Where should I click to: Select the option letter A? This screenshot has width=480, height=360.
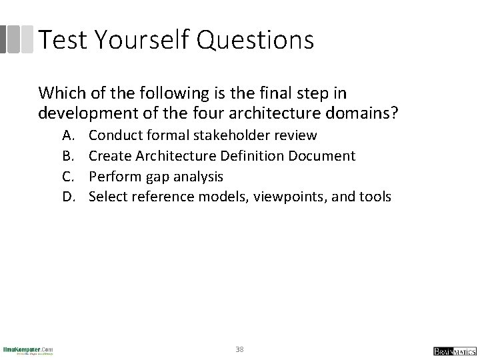[x=69, y=135]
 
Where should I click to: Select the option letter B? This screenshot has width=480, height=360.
[x=69, y=156]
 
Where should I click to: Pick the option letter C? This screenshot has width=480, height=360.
[x=69, y=177]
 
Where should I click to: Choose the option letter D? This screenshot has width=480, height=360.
[x=69, y=197]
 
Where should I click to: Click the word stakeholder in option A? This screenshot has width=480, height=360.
[x=232, y=135]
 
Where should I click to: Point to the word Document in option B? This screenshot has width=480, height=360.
[x=323, y=156]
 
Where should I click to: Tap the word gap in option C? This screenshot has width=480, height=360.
[x=155, y=177]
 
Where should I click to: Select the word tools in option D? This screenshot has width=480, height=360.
[x=375, y=197]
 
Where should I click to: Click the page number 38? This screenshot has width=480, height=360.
[x=239, y=349]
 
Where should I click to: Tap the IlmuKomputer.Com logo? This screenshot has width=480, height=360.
[x=28, y=349]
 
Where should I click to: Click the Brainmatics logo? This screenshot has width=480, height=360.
[x=452, y=351]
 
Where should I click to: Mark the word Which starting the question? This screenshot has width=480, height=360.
[x=57, y=93]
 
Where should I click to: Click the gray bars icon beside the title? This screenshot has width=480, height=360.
[x=16, y=39]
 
